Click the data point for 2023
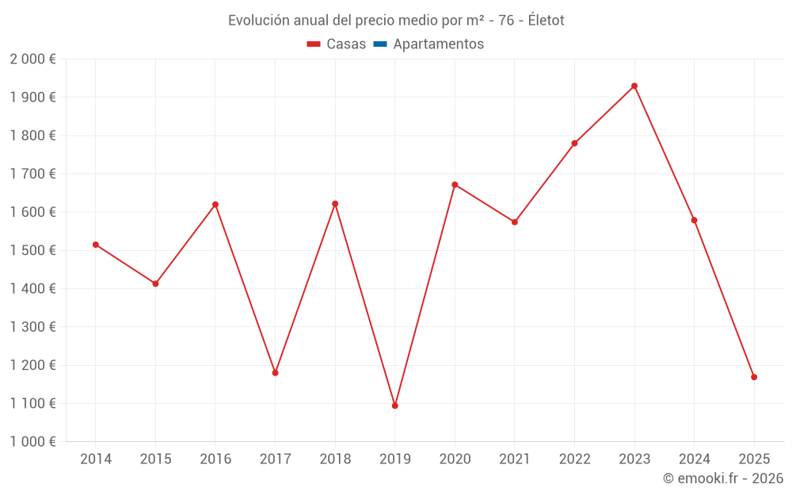coord(634,86)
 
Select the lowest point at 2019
coord(395,406)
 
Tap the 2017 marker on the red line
coord(275,372)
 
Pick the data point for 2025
coord(754,377)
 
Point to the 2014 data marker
coord(96,245)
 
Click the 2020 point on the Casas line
coord(455,185)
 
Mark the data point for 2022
coord(574,143)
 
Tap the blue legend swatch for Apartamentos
coord(379,44)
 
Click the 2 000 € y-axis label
coord(32,59)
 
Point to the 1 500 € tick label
coord(32,250)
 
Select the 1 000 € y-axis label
coord(32,442)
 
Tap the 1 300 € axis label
coord(32,327)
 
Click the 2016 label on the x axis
coord(215,459)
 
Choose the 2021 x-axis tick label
coord(515,459)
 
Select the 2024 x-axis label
coord(694,459)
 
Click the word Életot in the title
coord(546,21)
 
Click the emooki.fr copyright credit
coord(723,478)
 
